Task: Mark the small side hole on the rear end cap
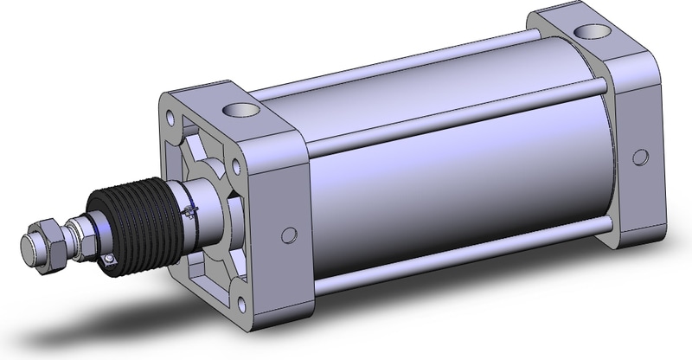pos(640,157)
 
